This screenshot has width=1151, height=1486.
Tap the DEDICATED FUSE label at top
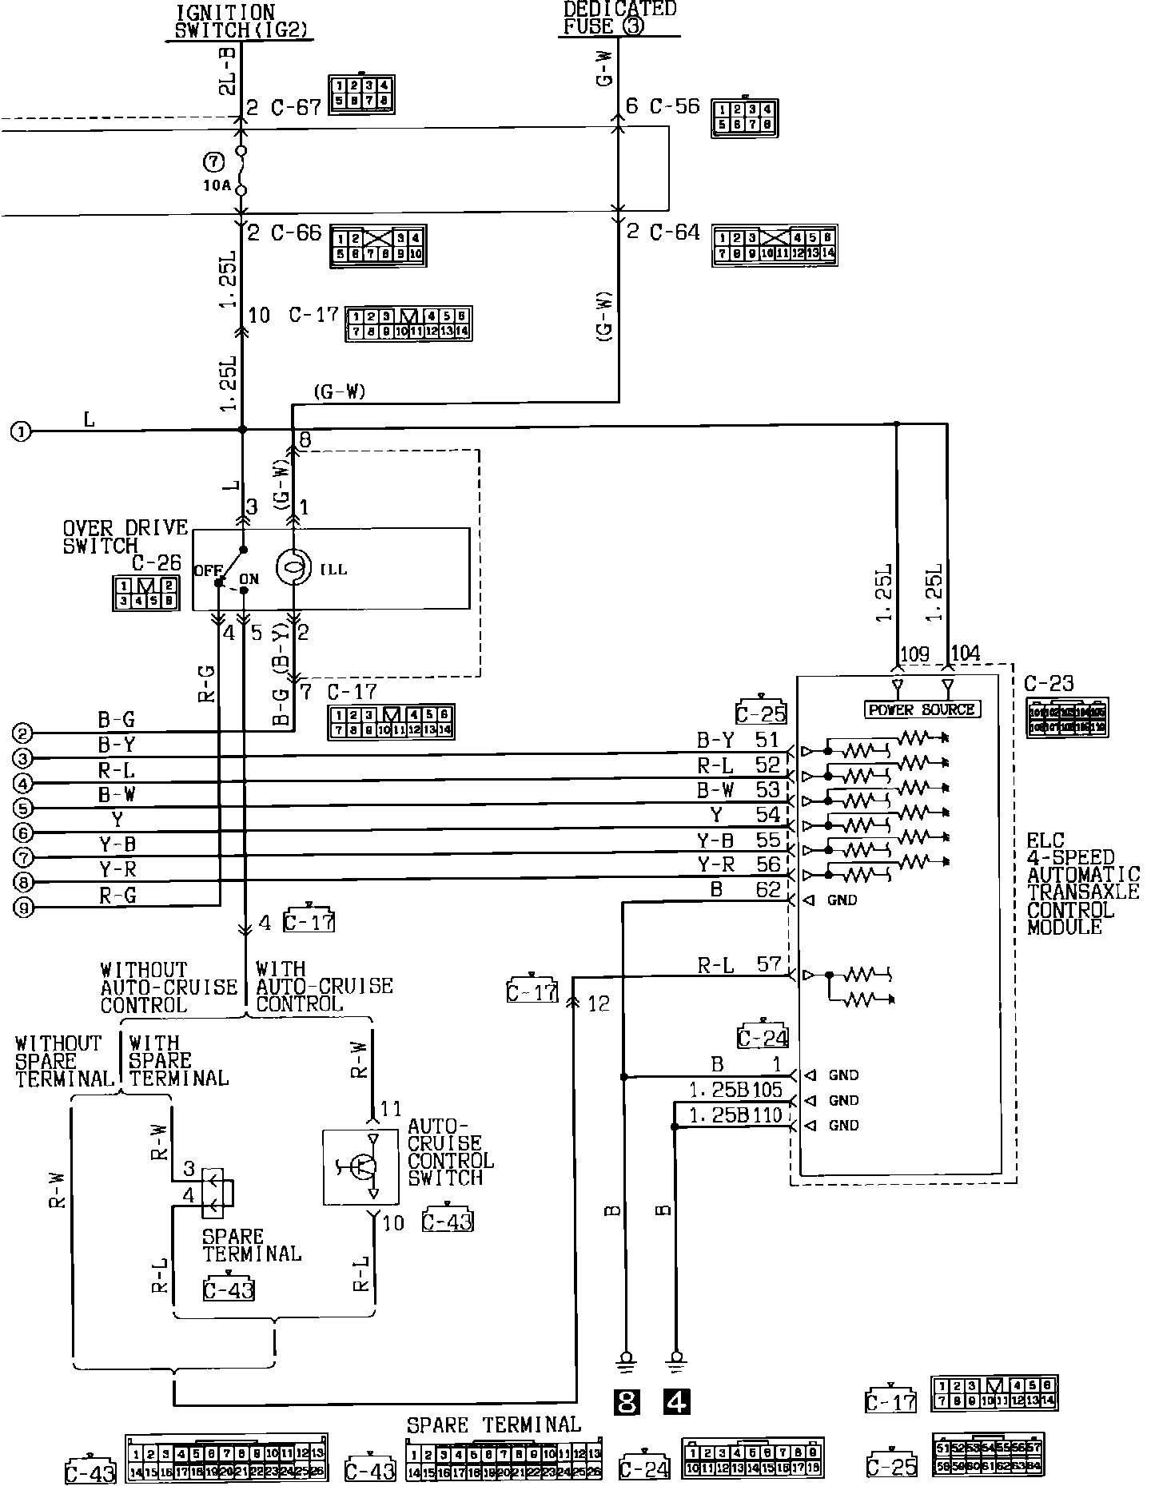click(619, 18)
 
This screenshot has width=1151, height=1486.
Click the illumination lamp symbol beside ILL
click(292, 568)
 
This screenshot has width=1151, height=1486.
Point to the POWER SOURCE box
click(922, 709)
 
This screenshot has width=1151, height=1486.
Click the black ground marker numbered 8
click(626, 1401)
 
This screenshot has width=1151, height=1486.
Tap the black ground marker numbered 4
click(676, 1401)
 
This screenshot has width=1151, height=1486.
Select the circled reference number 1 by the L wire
click(21, 432)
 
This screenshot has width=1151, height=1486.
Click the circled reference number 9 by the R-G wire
click(24, 908)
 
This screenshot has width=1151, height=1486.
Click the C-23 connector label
click(1049, 684)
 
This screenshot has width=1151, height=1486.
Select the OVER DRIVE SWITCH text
click(125, 537)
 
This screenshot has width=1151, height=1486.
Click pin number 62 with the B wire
click(767, 889)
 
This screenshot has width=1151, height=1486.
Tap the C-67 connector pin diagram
click(361, 93)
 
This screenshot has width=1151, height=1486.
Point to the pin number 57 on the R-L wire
click(768, 964)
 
